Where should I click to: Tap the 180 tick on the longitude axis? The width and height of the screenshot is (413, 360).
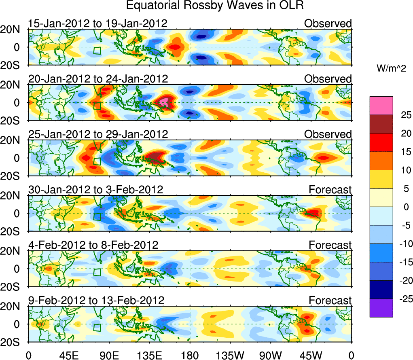[189, 355]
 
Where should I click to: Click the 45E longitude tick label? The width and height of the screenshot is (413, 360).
[68, 355]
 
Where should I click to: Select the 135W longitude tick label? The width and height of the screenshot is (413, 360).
[230, 355]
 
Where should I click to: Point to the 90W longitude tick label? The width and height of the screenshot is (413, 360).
[271, 355]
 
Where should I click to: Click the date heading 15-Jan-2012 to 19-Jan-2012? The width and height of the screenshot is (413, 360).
[97, 23]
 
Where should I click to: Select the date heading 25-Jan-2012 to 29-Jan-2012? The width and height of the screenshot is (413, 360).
[97, 134]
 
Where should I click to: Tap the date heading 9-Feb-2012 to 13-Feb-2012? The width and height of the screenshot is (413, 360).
[96, 301]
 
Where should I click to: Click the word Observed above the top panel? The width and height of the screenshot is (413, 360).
[328, 23]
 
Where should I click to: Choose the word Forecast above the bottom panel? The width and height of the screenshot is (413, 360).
[330, 301]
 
